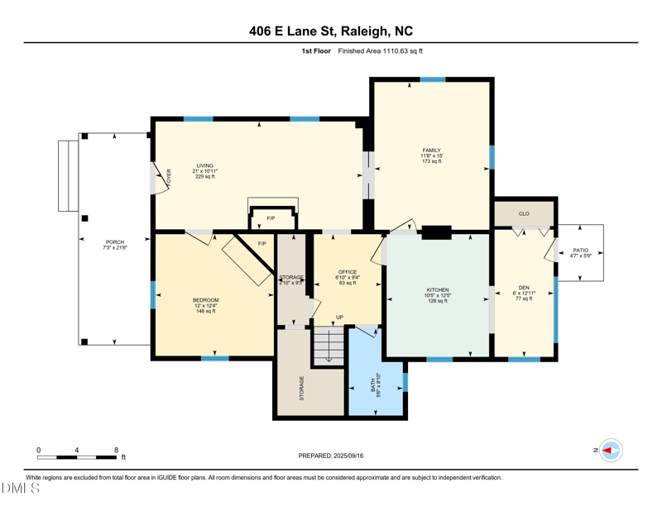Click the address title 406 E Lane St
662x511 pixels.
pyautogui.click(x=331, y=31)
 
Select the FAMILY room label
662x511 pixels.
pyautogui.click(x=431, y=150)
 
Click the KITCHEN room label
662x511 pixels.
pyautogui.click(x=437, y=290)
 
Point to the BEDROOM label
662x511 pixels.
pyautogui.click(x=205, y=300)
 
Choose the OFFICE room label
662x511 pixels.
pyautogui.click(x=347, y=272)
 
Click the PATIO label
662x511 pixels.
pyautogui.click(x=580, y=250)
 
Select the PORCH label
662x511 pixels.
pyautogui.click(x=114, y=242)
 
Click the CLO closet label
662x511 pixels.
pyautogui.click(x=524, y=213)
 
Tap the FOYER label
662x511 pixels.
pyautogui.click(x=168, y=178)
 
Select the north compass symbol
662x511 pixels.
pyautogui.click(x=610, y=450)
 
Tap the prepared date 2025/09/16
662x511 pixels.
pyautogui.click(x=331, y=456)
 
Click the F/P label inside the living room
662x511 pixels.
pyautogui.click(x=271, y=218)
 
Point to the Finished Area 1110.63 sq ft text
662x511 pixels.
pyautogui.click(x=381, y=51)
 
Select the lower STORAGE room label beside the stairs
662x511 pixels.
pyautogui.click(x=301, y=388)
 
